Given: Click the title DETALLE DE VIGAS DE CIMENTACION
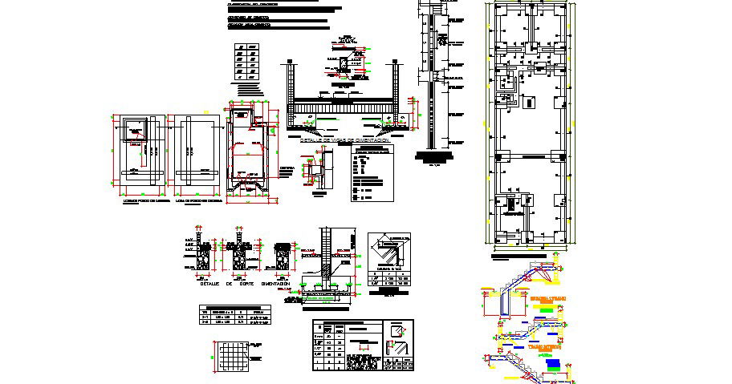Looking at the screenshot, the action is pyautogui.click(x=346, y=139).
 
